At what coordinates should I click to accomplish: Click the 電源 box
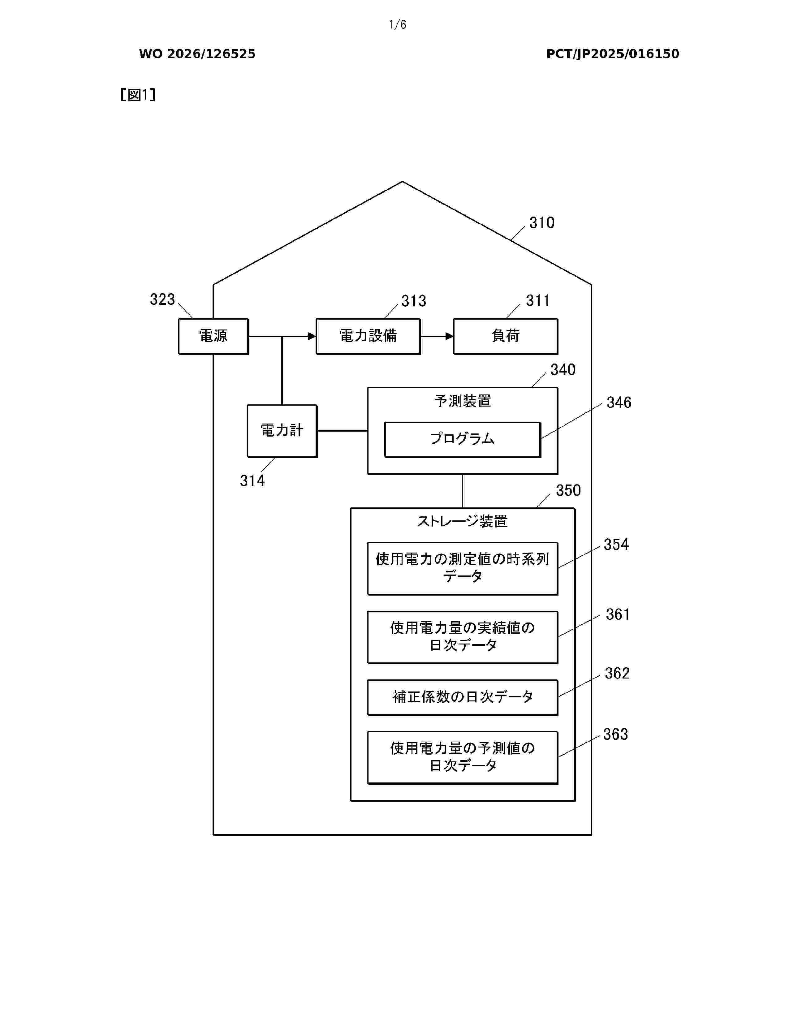(x=213, y=336)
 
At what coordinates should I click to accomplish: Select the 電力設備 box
(x=368, y=336)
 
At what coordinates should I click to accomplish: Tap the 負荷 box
(x=506, y=336)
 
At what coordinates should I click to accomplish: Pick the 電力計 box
(x=282, y=431)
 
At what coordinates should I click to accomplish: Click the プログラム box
(x=462, y=439)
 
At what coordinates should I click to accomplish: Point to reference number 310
(x=542, y=222)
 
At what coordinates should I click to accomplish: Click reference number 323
(x=162, y=299)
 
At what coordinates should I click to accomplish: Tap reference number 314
(x=252, y=480)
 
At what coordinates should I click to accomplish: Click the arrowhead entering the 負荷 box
(x=450, y=336)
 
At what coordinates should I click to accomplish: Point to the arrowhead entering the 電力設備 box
(x=312, y=336)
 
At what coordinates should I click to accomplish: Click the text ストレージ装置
(x=462, y=521)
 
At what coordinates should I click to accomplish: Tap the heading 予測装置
(x=462, y=401)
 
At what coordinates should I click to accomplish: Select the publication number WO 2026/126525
(x=197, y=54)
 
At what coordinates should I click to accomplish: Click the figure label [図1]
(x=138, y=95)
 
